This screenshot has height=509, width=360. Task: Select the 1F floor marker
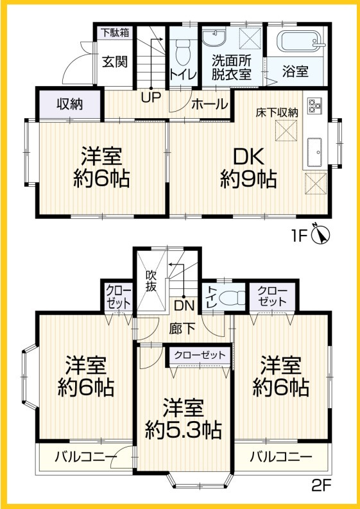point(300,235)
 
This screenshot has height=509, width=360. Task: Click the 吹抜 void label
point(151,281)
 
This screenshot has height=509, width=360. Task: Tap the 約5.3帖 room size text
point(184,427)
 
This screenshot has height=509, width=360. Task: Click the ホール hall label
point(209,103)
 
